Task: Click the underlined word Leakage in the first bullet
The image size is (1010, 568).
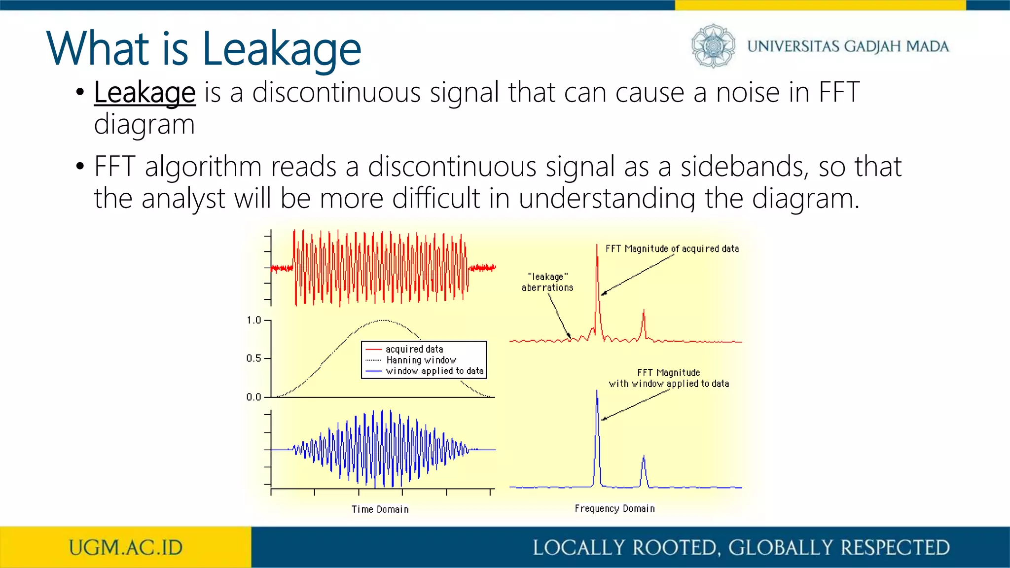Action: point(144,93)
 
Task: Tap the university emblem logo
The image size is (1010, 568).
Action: point(713,46)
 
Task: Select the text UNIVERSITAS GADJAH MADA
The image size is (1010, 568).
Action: point(848,46)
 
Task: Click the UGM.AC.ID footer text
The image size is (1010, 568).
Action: point(126,548)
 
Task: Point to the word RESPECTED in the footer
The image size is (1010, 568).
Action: point(895,548)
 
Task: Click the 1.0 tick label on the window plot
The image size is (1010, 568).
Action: point(254,320)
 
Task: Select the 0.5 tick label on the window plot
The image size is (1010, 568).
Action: point(254,358)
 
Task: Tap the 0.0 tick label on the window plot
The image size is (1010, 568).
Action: point(254,397)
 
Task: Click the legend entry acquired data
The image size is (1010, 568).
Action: point(414,349)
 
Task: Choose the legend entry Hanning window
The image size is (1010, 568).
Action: point(421,360)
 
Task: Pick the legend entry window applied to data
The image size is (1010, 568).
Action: point(434,371)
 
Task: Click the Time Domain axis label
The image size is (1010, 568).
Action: point(380,509)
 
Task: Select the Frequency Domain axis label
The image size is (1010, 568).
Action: point(614,508)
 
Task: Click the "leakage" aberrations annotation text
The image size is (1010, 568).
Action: point(547,282)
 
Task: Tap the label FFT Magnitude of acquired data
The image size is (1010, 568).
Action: point(672,249)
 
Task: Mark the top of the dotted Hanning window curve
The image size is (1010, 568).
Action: point(383,320)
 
